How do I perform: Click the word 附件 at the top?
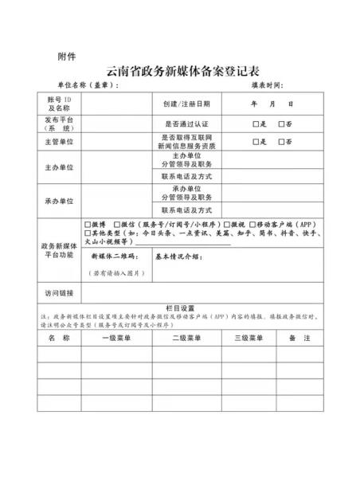click(68, 55)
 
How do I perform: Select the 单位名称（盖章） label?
click(87, 85)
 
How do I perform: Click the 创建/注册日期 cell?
click(186, 104)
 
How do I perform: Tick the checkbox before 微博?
click(88, 225)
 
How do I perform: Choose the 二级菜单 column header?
click(186, 339)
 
